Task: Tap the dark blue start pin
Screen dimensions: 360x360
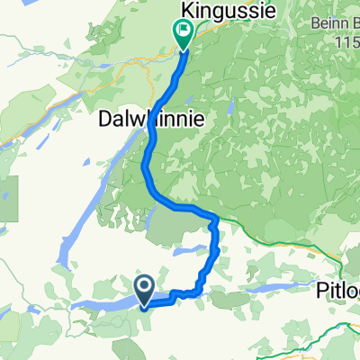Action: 144,288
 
